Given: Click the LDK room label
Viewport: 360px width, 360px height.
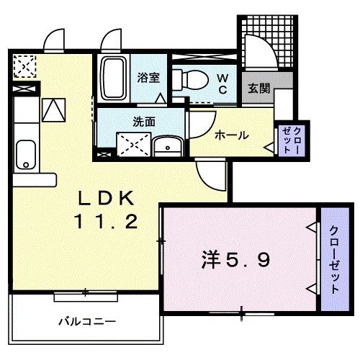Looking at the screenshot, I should (x=104, y=197).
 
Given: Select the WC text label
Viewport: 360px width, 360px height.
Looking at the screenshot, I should (x=222, y=83).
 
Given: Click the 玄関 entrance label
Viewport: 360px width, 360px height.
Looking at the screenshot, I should (x=259, y=88).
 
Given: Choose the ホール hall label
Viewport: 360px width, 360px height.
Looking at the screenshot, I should (x=232, y=135).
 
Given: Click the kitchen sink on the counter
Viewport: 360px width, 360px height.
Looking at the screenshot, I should (x=25, y=153).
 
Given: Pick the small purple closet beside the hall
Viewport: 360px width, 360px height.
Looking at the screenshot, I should (x=289, y=140).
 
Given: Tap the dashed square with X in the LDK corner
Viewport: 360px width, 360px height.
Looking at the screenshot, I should (x=24, y=67).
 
